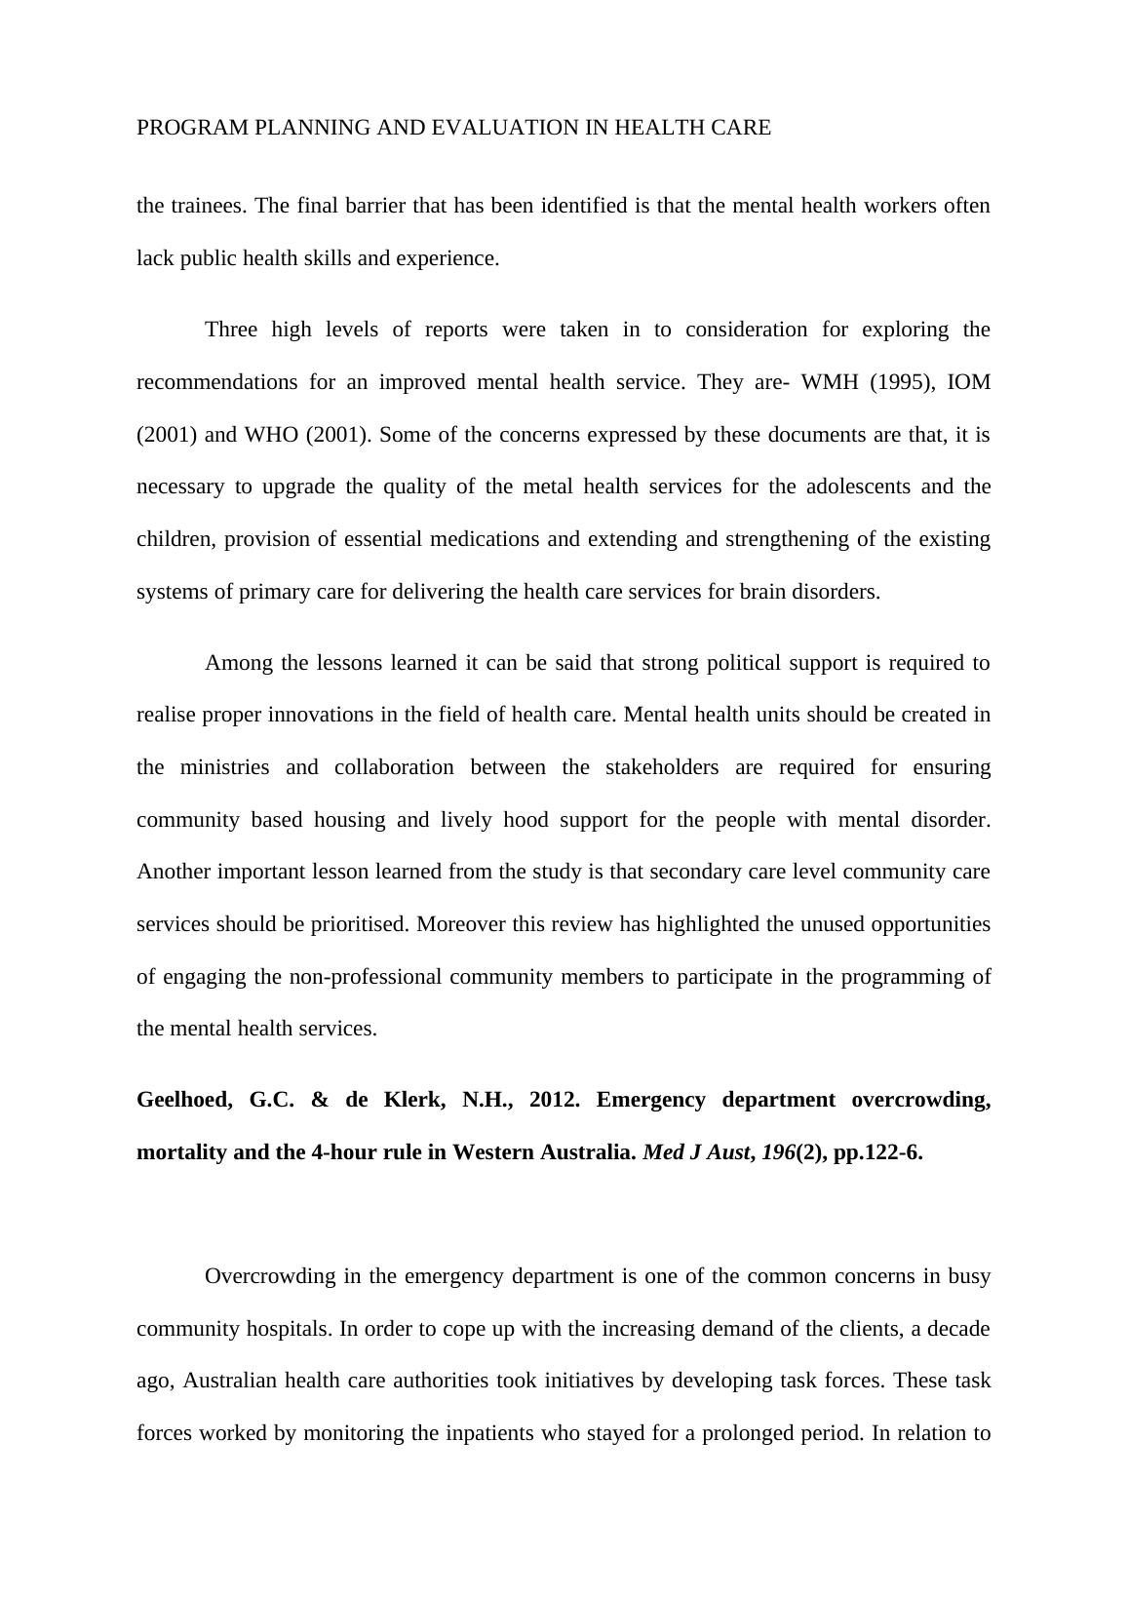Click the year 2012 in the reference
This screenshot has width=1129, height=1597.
554,1100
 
